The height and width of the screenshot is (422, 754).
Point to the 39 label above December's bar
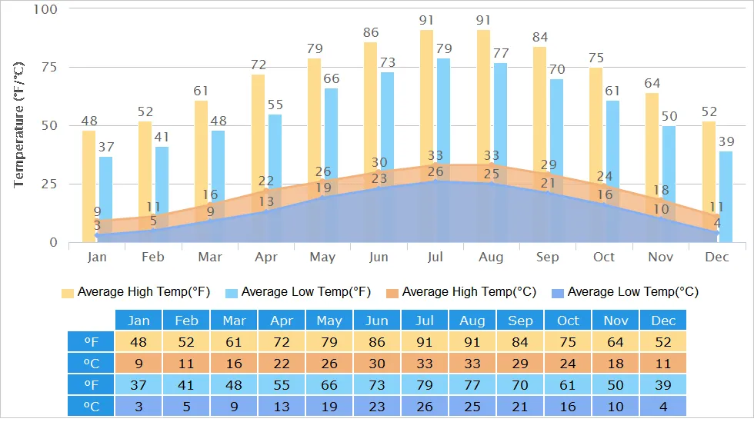pyautogui.click(x=726, y=141)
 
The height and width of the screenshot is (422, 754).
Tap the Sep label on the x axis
pyautogui.click(x=548, y=257)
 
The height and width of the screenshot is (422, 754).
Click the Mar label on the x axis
pyautogui.click(x=210, y=257)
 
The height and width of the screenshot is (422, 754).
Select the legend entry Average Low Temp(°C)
pyautogui.click(x=625, y=292)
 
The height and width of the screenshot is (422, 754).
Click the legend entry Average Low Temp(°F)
pyautogui.click(x=299, y=292)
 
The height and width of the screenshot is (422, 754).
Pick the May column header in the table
pyautogui.click(x=329, y=321)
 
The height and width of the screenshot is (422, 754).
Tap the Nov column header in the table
pyautogui.click(x=616, y=321)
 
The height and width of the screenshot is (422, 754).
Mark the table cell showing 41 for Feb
pyautogui.click(x=186, y=384)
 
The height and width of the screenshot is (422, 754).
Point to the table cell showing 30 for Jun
pyautogui.click(x=377, y=363)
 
